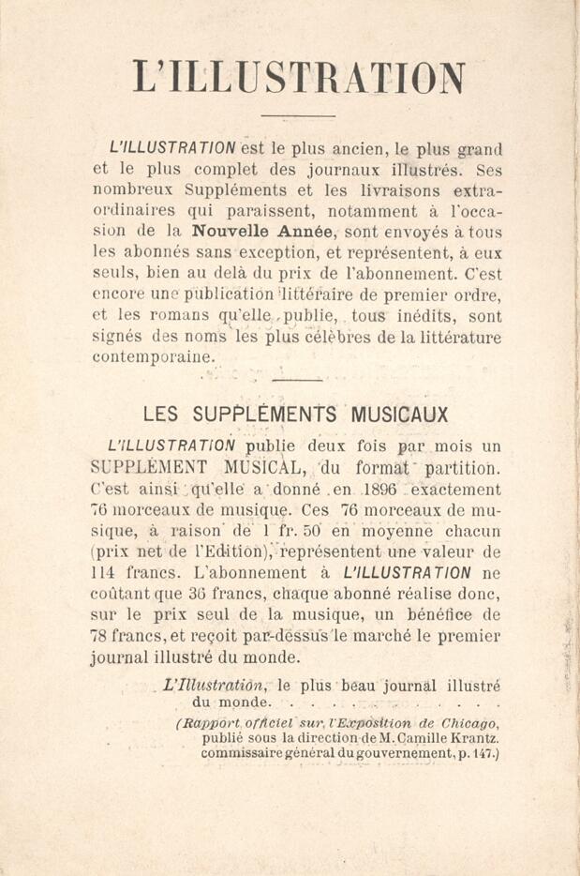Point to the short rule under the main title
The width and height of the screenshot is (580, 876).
click(x=284, y=116)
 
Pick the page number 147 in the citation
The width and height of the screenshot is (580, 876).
click(x=485, y=753)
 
